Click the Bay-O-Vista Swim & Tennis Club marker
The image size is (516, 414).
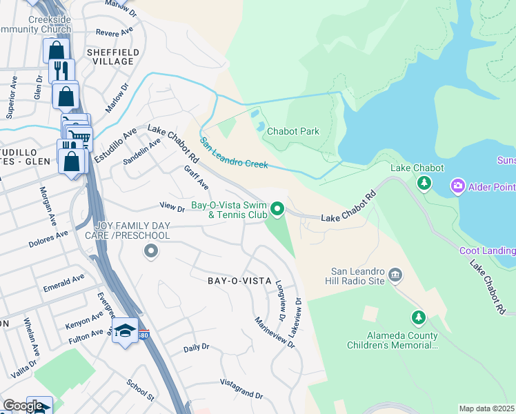[x=277, y=208]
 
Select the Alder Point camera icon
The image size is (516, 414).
[x=457, y=186]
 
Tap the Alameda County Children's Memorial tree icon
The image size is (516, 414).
[x=417, y=317]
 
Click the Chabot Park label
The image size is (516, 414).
[x=292, y=131]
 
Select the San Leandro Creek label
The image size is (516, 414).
[x=234, y=153]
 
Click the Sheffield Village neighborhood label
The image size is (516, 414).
[x=113, y=57]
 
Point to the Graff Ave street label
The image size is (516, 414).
[x=196, y=177]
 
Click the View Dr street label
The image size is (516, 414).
[x=172, y=206]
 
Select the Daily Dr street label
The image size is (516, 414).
[x=196, y=348]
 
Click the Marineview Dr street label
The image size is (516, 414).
[x=275, y=332]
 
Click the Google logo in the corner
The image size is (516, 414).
[x=23, y=406]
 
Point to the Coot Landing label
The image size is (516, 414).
[x=487, y=250]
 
